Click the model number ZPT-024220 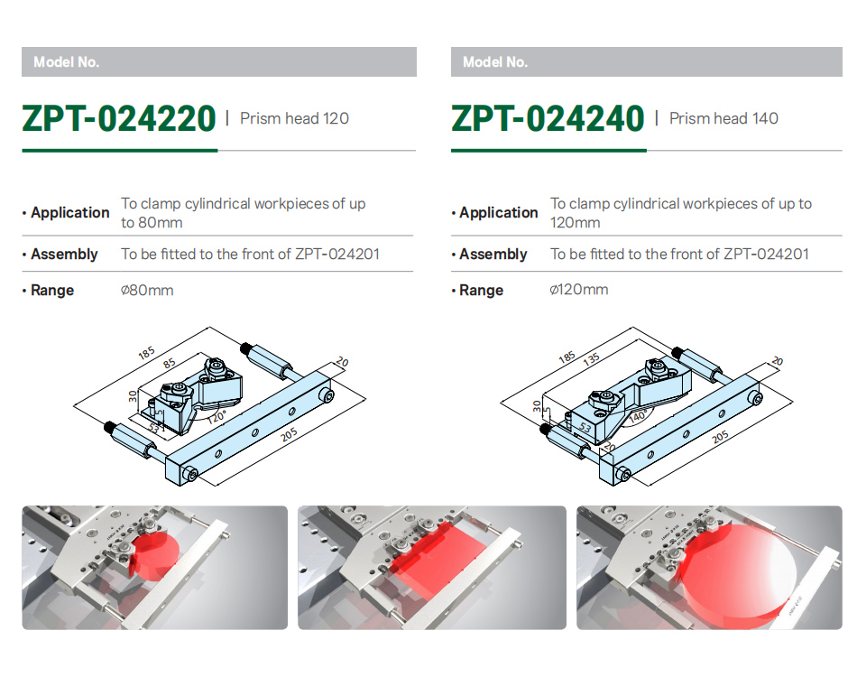(x=118, y=118)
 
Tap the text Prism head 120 (x=294, y=118)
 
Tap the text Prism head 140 (x=723, y=118)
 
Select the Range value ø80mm (x=147, y=290)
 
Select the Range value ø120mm (x=579, y=289)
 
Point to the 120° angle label (x=217, y=417)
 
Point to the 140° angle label (x=638, y=416)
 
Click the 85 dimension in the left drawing (x=170, y=363)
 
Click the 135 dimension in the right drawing (x=592, y=358)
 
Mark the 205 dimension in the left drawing (x=290, y=435)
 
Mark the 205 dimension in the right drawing (x=720, y=436)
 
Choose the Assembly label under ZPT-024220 (x=63, y=255)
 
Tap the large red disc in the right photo (x=739, y=575)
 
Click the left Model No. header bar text (x=66, y=61)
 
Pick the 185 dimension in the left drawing (x=146, y=353)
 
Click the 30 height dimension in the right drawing (x=538, y=406)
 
